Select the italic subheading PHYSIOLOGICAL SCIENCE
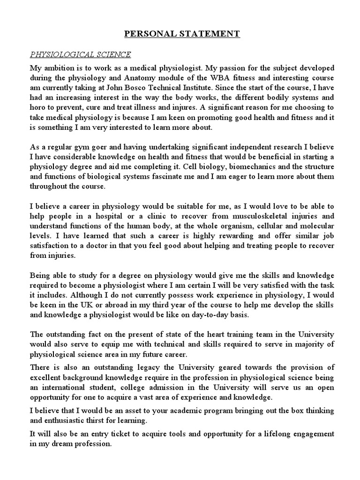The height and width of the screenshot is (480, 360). click(x=80, y=55)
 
